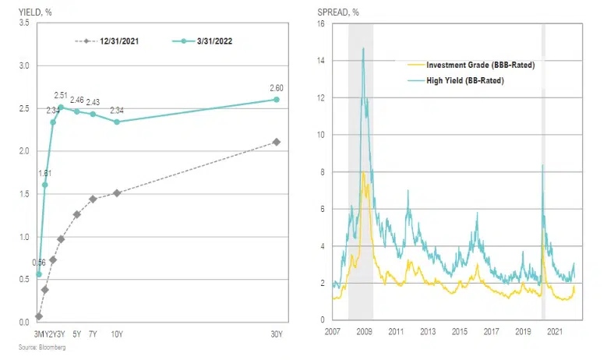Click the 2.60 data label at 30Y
click(277, 88)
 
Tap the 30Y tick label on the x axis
click(277, 334)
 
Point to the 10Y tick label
click(117, 334)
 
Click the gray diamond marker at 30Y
click(277, 142)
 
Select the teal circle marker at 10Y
click(117, 122)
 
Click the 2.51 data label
click(61, 96)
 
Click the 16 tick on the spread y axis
click(320, 23)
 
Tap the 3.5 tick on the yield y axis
click(23, 23)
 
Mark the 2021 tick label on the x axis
click(555, 332)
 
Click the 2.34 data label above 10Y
click(117, 110)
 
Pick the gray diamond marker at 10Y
click(117, 192)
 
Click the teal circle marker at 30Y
click(277, 100)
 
